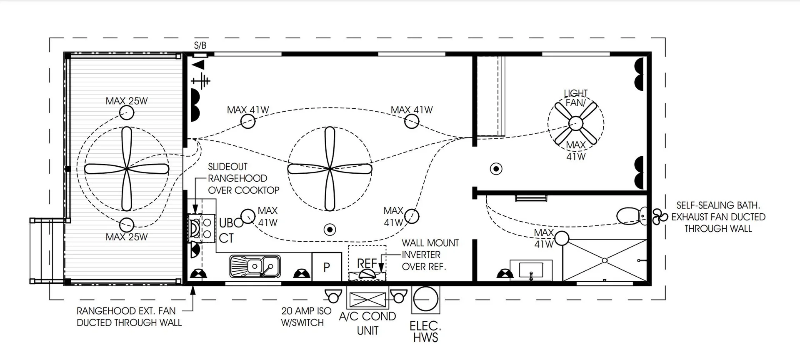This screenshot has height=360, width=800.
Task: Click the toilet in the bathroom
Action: [632, 216]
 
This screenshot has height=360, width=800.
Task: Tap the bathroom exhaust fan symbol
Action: [660, 217]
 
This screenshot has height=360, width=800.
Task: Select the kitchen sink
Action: [255, 266]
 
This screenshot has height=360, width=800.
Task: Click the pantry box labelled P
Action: [327, 267]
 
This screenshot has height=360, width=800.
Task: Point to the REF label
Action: [367, 263]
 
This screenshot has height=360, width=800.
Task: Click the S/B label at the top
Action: [200, 45]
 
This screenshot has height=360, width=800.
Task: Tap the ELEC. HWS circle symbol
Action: [425, 300]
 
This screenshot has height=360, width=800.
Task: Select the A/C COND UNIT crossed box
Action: [367, 300]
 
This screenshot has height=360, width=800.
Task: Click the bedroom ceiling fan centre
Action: [575, 123]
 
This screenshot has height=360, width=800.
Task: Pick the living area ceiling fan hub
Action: [330, 169]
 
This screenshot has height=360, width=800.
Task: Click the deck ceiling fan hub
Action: [126, 169]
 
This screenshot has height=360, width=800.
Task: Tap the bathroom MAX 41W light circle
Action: [561, 238]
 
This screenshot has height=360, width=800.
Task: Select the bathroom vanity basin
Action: [531, 270]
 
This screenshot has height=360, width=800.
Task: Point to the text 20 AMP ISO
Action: [306, 311]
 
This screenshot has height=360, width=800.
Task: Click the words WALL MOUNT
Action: [430, 243]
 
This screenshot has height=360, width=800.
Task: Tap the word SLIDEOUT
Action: [227, 167]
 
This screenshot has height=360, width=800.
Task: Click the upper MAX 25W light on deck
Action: [126, 112]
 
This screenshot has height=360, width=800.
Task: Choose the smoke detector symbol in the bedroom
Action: [496, 169]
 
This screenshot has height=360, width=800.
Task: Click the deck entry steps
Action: [47, 250]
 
